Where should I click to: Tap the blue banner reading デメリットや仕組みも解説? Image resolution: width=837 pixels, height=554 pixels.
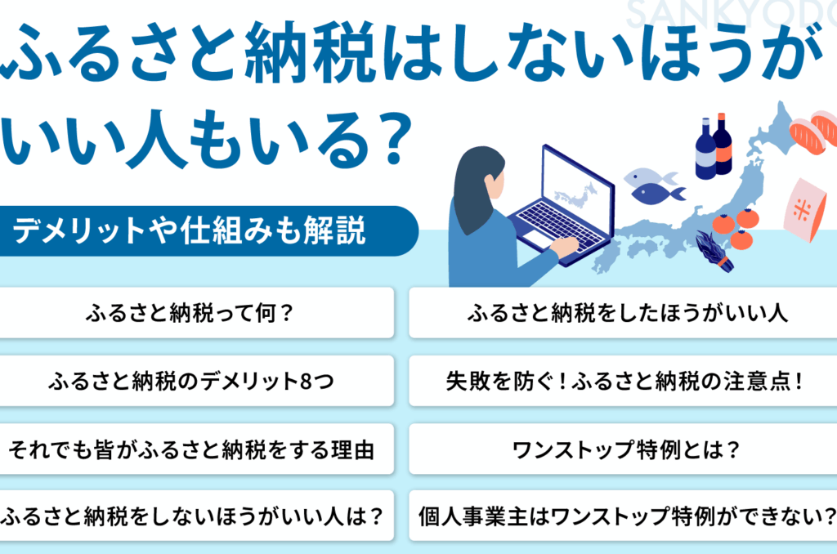[x=208, y=230]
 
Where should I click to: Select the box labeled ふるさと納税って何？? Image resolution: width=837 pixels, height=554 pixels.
[x=196, y=313]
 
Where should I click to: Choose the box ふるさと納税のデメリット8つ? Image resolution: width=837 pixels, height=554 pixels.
[x=196, y=381]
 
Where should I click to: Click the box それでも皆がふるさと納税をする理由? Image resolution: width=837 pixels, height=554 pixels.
[x=196, y=449]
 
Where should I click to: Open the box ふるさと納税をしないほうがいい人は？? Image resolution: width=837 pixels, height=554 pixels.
[x=196, y=516]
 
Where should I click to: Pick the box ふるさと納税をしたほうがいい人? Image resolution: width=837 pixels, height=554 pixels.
[x=623, y=313]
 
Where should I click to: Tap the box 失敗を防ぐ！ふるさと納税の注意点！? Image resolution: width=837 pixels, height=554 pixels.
[x=623, y=381]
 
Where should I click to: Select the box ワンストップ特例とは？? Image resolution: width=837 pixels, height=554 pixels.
[x=623, y=449]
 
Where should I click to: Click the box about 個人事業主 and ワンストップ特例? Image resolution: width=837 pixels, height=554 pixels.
[x=623, y=516]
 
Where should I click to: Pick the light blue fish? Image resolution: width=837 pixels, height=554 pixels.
[x=648, y=176]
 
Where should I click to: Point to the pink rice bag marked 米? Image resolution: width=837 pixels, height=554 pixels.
[x=805, y=209]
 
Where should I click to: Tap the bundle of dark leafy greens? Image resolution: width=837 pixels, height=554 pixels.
[x=714, y=251]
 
